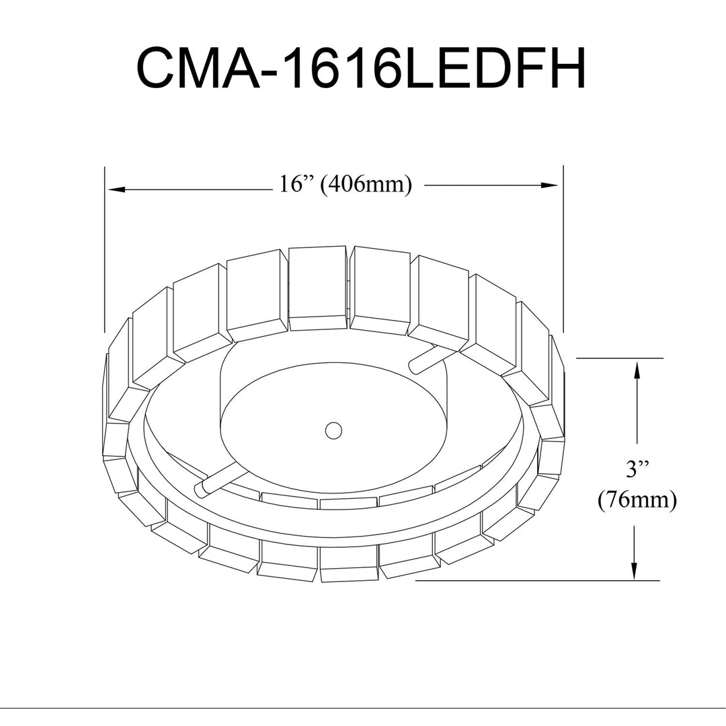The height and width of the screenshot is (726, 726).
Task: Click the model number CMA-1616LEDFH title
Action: pyautogui.click(x=362, y=68)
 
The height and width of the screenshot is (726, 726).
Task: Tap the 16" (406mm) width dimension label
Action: pyautogui.click(x=346, y=185)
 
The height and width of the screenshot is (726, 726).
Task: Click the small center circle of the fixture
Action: pyautogui.click(x=333, y=430)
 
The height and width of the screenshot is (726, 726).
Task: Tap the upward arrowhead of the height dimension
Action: pyautogui.click(x=637, y=370)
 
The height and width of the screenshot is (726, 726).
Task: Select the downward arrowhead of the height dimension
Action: pyautogui.click(x=635, y=569)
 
